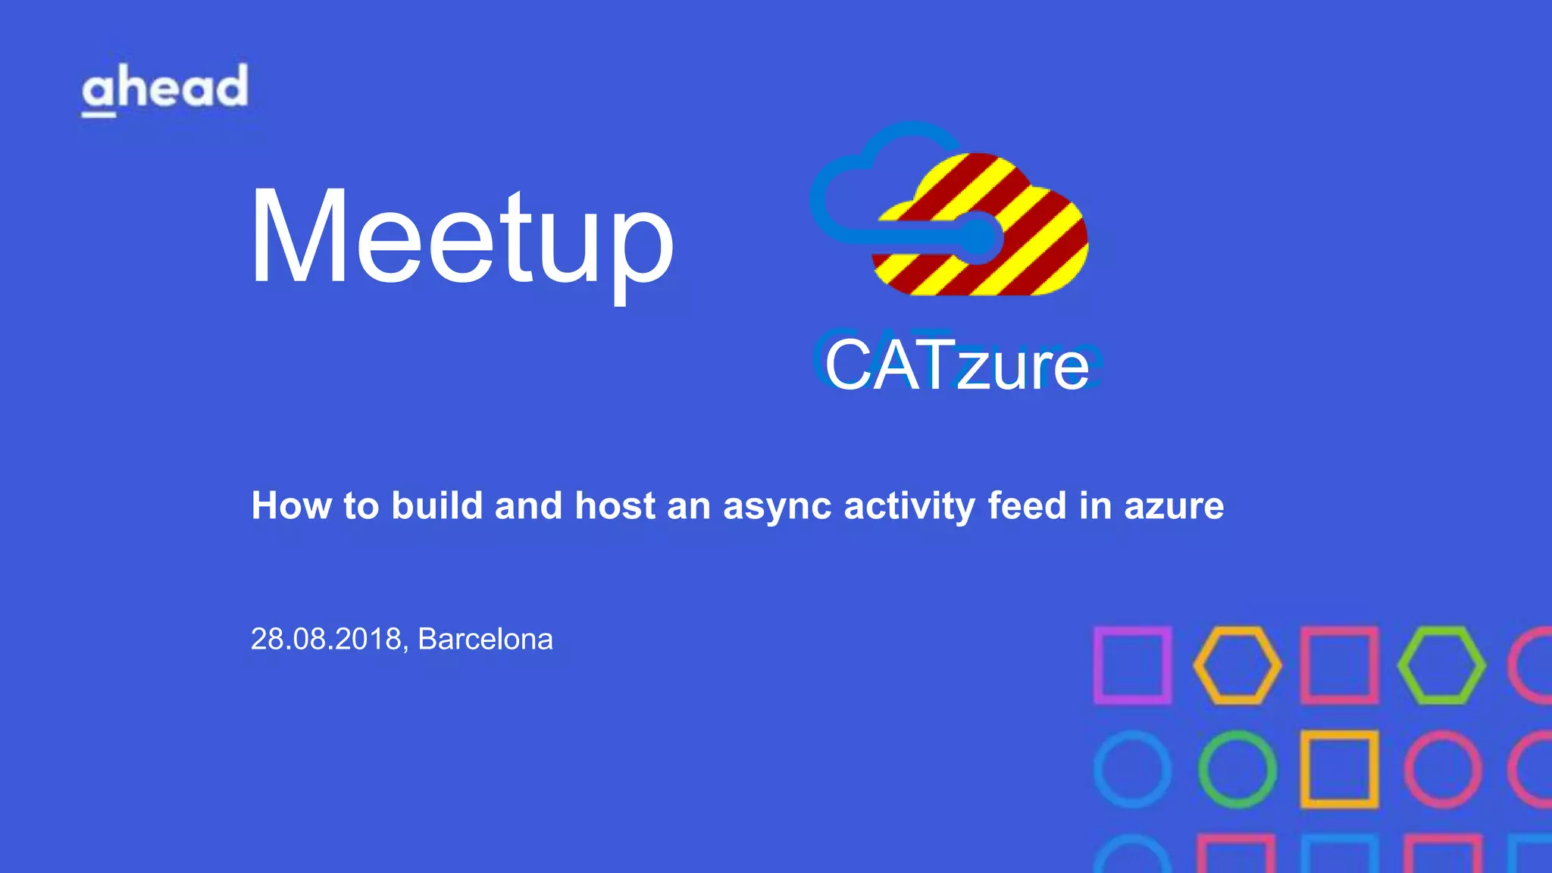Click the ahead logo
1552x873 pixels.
pos(164,89)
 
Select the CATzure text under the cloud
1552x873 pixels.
pos(956,365)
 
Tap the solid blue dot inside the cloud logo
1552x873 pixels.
pos(978,238)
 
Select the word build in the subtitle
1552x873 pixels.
pos(436,505)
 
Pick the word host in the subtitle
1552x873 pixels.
pos(615,505)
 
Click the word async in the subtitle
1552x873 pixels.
pos(778,507)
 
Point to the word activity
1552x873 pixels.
pos(909,507)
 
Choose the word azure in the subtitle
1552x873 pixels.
pos(1174,507)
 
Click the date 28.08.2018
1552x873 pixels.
pos(326,639)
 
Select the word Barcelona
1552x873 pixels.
pos(485,639)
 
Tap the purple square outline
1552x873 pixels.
pos(1132,665)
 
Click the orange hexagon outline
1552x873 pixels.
pos(1237,665)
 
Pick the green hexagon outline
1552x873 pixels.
pos(1441,665)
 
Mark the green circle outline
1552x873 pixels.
pos(1237,768)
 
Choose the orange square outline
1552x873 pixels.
pos(1339,768)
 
